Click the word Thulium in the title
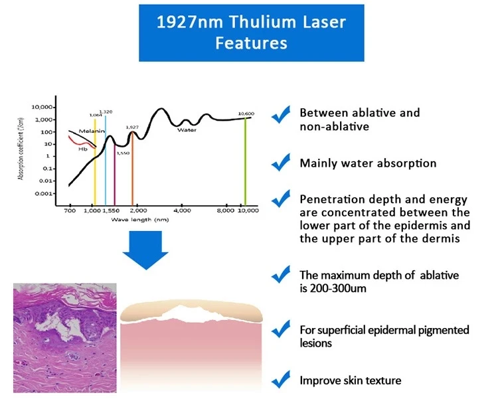coord(263,22)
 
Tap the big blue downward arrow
coord(145,250)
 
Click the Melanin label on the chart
coord(92,131)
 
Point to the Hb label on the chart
coord(82,149)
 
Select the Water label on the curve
coord(187,130)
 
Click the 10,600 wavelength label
coord(246,114)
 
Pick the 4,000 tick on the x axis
coord(182,210)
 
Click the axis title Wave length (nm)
coord(139,220)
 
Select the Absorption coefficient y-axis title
coord(21,149)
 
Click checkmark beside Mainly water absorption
coord(281,162)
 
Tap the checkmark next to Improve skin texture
coord(281,380)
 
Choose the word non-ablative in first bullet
coord(335,126)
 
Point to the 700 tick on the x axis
coord(70,210)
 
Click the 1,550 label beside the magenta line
coord(123,153)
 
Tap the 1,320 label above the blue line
coord(106,112)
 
